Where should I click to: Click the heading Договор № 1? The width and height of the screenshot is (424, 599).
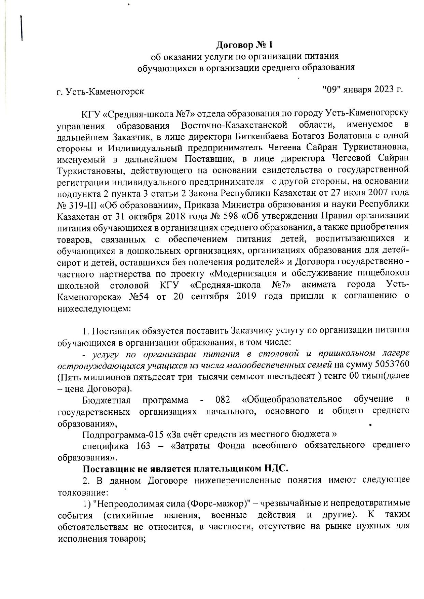pyautogui.click(x=245, y=45)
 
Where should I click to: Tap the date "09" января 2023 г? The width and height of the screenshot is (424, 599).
pyautogui.click(x=362, y=89)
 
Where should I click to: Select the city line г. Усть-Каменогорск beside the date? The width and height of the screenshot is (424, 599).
pyautogui.click(x=100, y=91)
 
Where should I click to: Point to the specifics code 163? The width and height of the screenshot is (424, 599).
pyautogui.click(x=141, y=445)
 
